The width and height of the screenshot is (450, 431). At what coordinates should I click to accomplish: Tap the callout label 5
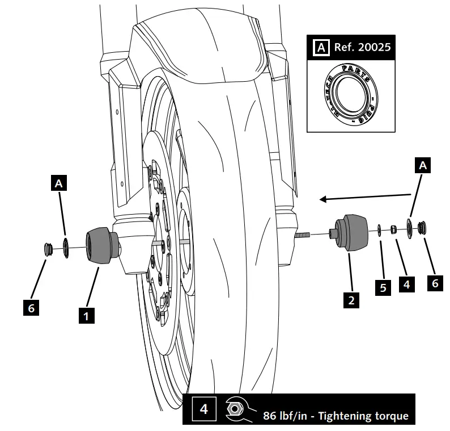[x=383, y=288]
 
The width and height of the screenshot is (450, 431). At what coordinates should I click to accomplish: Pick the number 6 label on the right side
[x=435, y=282]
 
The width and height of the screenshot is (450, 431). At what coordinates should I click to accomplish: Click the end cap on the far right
[x=423, y=228]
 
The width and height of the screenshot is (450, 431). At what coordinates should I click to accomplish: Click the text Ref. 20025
[x=362, y=47]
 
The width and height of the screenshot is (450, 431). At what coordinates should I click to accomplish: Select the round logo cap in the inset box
[x=350, y=93]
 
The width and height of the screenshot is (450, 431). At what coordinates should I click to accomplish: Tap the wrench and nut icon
[x=236, y=410]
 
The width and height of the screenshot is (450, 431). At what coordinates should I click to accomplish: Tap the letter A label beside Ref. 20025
[x=321, y=47]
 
